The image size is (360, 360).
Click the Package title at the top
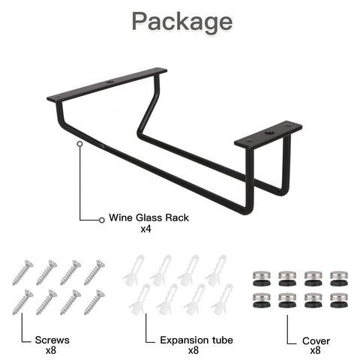(x=182, y=22)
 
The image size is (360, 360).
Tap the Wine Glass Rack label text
(x=148, y=217)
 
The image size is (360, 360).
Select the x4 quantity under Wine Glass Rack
(x=145, y=229)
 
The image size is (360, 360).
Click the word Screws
(x=52, y=340)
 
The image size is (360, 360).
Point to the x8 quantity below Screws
(x=51, y=350)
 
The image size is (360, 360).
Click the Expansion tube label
(x=196, y=340)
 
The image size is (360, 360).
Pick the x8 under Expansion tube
(x=193, y=350)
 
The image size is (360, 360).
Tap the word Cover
(x=316, y=341)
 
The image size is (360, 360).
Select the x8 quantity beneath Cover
(x=315, y=350)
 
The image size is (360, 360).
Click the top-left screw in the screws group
(x=22, y=272)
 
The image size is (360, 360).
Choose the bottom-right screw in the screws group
(x=94, y=302)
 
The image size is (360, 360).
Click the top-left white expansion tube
(x=133, y=270)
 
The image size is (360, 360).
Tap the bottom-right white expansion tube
(x=222, y=299)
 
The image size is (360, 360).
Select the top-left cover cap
(x=262, y=278)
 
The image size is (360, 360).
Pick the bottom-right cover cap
(x=339, y=300)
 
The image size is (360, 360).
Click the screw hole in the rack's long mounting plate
(x=109, y=82)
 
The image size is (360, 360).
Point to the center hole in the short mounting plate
(x=269, y=132)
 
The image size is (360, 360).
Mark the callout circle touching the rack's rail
(x=79, y=144)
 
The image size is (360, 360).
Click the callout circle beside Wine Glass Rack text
(x=101, y=220)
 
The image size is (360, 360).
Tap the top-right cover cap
(x=339, y=278)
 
